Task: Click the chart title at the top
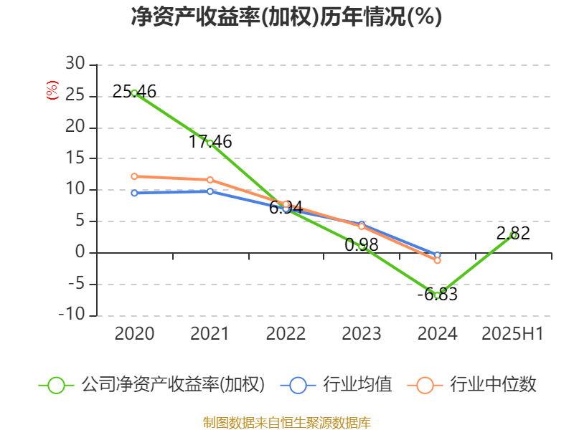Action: pyautogui.click(x=286, y=16)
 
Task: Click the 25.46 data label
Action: pyautogui.click(x=134, y=92)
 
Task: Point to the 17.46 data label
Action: pyautogui.click(x=210, y=142)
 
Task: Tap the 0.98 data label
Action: pyautogui.click(x=362, y=245)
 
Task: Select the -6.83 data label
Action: pyautogui.click(x=437, y=295)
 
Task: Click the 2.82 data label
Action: pyautogui.click(x=513, y=234)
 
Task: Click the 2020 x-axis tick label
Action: pyautogui.click(x=134, y=333)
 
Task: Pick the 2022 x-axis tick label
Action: pyautogui.click(x=286, y=333)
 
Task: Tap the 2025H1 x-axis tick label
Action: pyautogui.click(x=512, y=333)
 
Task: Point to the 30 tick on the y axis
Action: pyautogui.click(x=75, y=65)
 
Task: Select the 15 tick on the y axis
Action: pyautogui.click(x=75, y=159)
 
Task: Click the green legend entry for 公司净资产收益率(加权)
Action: pyautogui.click(x=151, y=385)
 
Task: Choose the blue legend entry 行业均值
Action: pyautogui.click(x=342, y=385)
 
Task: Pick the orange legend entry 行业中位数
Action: pyautogui.click(x=474, y=385)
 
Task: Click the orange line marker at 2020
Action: pyautogui.click(x=134, y=176)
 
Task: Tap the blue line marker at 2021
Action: pyautogui.click(x=210, y=191)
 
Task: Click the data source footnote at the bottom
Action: pyautogui.click(x=286, y=422)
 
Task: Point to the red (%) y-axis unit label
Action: pyautogui.click(x=51, y=90)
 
